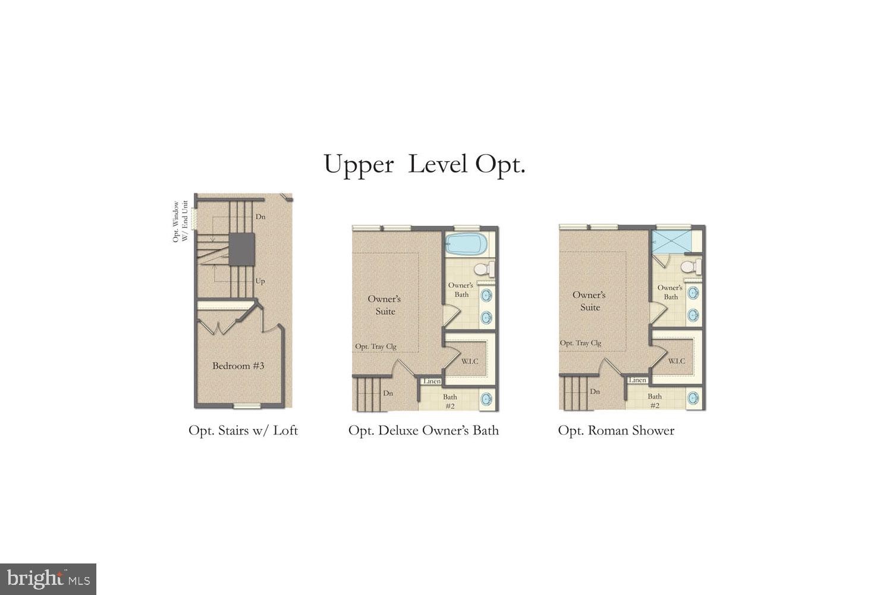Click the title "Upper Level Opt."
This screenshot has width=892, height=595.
(x=424, y=164)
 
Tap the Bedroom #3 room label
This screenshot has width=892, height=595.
(x=238, y=366)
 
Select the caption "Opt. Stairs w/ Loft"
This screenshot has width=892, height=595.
(x=243, y=430)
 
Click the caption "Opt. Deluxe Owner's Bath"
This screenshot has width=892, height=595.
(x=423, y=430)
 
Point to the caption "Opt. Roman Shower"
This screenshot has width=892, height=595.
(x=616, y=430)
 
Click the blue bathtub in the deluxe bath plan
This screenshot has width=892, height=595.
(x=465, y=244)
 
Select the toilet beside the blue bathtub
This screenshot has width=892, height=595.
(x=486, y=268)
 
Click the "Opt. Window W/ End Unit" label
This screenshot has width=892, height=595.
(x=180, y=221)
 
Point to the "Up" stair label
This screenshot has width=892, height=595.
(x=260, y=281)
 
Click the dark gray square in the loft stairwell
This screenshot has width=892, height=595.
(x=242, y=249)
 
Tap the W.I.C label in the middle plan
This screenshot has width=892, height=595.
(x=470, y=361)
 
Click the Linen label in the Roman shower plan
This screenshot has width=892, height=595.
(x=637, y=380)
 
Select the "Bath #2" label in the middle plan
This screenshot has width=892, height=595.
(x=450, y=401)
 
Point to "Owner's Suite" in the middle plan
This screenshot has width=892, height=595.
(x=384, y=305)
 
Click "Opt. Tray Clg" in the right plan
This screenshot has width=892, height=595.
(x=580, y=343)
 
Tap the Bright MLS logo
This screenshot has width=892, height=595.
(x=48, y=579)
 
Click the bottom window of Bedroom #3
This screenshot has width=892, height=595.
(x=246, y=406)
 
